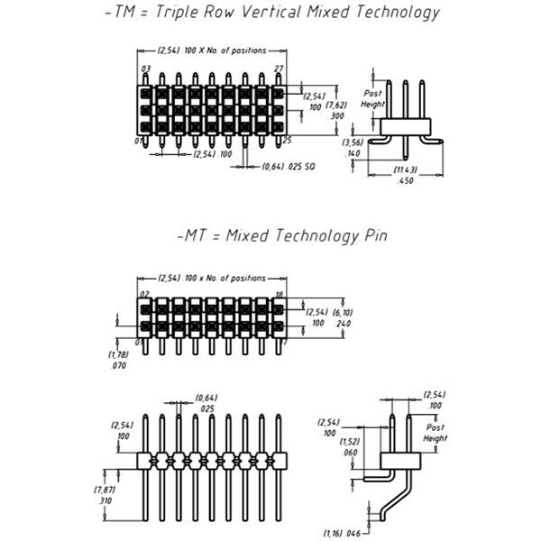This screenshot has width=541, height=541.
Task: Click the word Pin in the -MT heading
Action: [x=372, y=236]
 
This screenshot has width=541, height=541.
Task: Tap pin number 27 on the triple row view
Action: [x=279, y=69]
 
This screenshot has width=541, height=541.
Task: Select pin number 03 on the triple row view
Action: [x=145, y=69]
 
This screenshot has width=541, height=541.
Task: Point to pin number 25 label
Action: [x=287, y=141]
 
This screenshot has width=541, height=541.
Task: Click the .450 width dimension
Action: [x=406, y=180]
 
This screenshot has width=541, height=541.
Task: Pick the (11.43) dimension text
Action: [x=406, y=170]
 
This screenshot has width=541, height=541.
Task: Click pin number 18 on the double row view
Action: [x=280, y=294]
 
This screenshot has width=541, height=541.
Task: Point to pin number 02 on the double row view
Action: [x=144, y=294]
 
